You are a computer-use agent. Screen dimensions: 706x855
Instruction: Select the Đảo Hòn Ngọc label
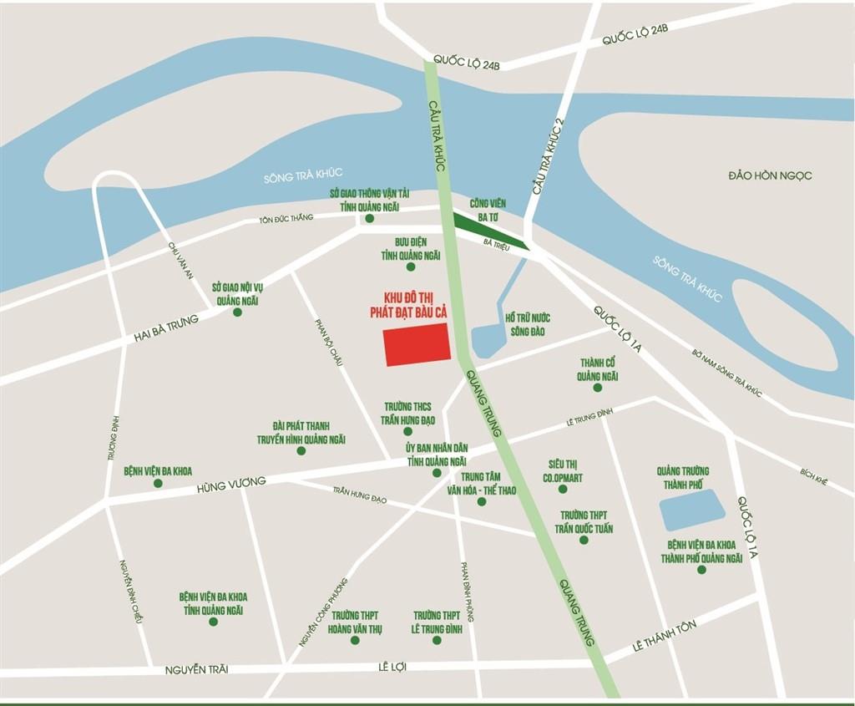[769, 175]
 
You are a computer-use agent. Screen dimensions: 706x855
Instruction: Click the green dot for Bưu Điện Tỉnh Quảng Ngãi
[410, 267]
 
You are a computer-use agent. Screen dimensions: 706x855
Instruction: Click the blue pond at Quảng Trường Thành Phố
[693, 510]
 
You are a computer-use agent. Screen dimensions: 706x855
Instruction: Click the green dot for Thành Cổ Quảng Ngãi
[597, 388]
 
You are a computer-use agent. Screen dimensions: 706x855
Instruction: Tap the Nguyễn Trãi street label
[197, 669]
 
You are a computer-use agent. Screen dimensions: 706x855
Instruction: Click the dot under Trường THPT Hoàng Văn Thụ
[355, 641]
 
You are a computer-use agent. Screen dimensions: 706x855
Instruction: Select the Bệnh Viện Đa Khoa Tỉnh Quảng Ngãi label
[213, 604]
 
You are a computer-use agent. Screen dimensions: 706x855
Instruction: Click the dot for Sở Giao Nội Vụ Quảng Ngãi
[237, 312]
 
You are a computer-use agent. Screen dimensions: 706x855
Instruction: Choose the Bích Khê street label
[812, 477]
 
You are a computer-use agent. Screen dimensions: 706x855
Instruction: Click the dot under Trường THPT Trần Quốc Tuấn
[584, 540]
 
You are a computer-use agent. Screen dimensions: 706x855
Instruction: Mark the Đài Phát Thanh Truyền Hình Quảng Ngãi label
[301, 433]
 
